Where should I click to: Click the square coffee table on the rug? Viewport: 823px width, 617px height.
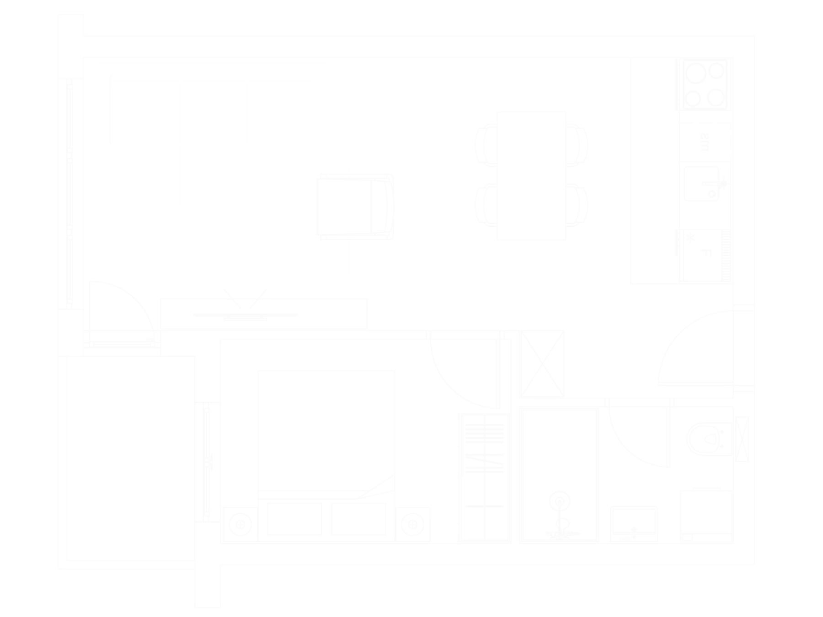pyautogui.click(x=247, y=207)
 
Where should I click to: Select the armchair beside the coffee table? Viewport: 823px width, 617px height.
pyautogui.click(x=354, y=207)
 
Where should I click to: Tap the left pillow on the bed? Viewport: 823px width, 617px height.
pyautogui.click(x=294, y=519)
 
